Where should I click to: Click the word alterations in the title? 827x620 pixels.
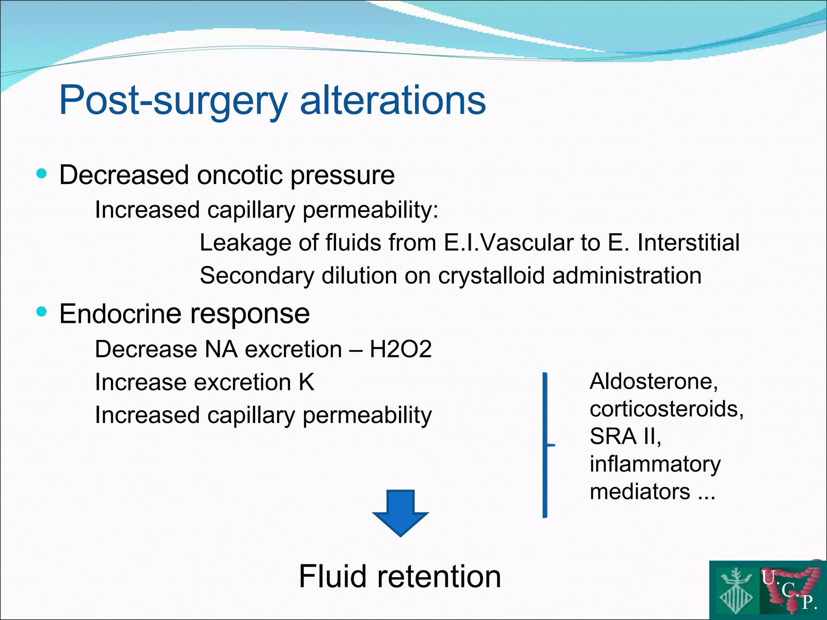[393, 100]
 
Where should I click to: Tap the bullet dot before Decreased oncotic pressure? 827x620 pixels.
[41, 174]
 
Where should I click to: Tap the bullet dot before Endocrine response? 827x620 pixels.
[41, 312]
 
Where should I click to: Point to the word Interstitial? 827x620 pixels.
[688, 243]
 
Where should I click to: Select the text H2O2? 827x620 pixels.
[400, 349]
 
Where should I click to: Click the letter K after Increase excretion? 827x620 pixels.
[306, 382]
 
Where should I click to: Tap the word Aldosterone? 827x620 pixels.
[653, 381]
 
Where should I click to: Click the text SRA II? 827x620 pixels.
[625, 436]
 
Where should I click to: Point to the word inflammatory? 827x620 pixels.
[655, 464]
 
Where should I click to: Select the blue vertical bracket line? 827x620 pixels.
[545, 444]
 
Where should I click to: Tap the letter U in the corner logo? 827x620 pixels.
[768, 578]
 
